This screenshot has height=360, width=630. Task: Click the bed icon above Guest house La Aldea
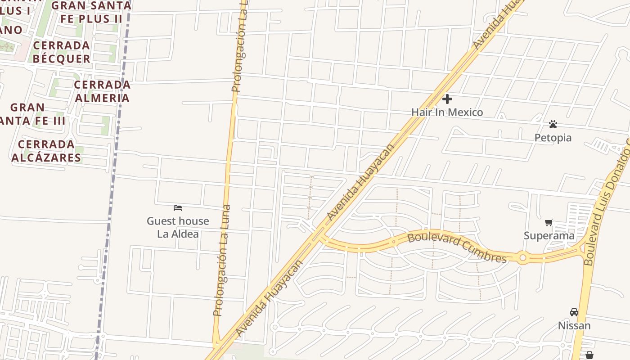[178, 207]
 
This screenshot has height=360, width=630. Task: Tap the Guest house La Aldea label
[178, 227]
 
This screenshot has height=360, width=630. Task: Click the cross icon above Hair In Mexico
[447, 99]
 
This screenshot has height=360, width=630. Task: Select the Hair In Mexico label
[447, 112]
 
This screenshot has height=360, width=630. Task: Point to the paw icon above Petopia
[553, 124]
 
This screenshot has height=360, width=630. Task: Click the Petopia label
[553, 138]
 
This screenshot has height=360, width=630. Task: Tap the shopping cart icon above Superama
[549, 222]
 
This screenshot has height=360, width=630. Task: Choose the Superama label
[549, 235]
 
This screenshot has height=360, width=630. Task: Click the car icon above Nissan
[574, 312]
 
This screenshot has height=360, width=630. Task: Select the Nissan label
[574, 325]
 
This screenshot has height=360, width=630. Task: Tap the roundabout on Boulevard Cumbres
[522, 258]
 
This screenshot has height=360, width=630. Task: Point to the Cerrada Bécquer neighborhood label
[62, 52]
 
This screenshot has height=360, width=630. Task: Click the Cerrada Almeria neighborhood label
[102, 91]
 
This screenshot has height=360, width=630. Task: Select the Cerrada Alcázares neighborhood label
[46, 151]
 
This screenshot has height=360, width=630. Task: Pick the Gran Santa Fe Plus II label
[91, 12]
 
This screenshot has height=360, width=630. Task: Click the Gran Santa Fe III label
[31, 114]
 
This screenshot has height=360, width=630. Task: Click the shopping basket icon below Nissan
[589, 355]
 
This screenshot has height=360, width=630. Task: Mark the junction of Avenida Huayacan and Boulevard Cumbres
[320, 235]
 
